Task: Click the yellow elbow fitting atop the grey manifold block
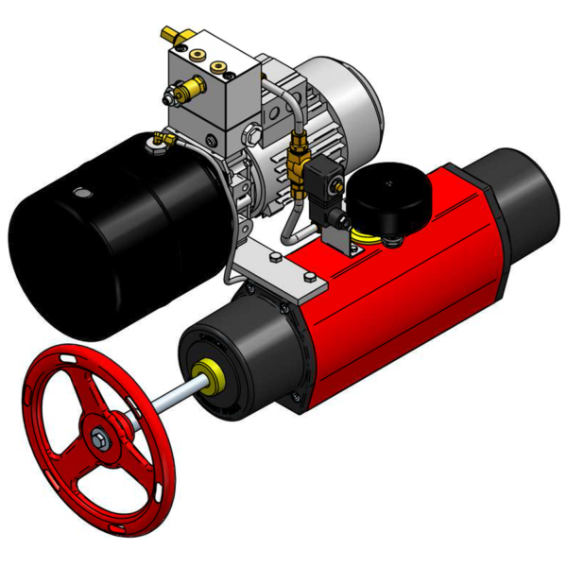coord(171,36)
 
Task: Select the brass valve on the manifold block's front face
coord(186,91)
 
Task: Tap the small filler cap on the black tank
coord(82,193)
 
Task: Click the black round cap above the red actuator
coord(389,194)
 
